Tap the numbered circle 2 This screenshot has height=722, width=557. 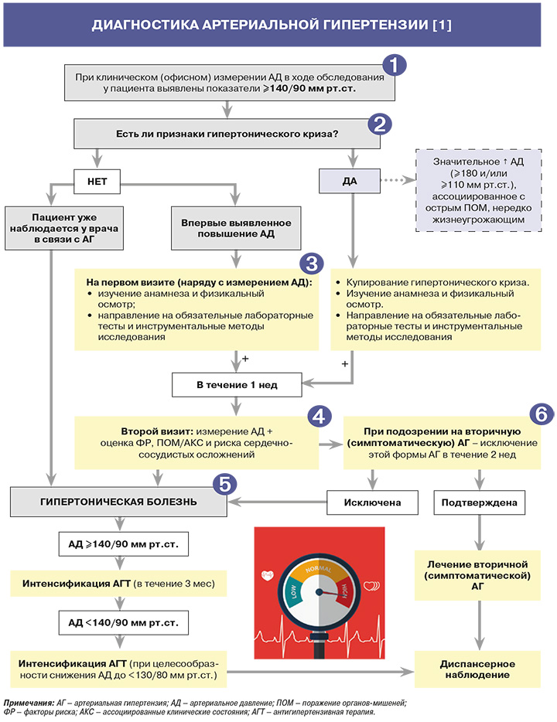click(x=379, y=124)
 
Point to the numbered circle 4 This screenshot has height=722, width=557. click(x=317, y=415)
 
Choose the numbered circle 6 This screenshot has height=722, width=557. click(x=540, y=413)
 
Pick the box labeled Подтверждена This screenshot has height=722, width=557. click(x=484, y=502)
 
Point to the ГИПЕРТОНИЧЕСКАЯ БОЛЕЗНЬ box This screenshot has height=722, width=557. click(x=118, y=502)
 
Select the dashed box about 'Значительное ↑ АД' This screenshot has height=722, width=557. click(x=480, y=190)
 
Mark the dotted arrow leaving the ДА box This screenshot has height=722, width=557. click(x=395, y=183)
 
